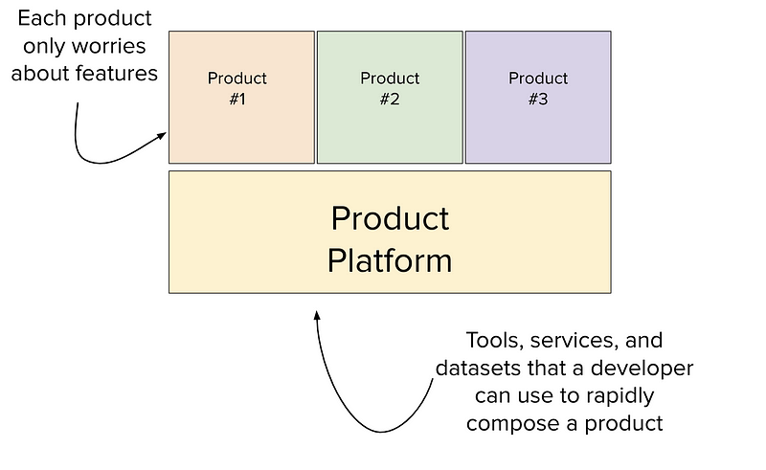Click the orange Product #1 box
click(x=241, y=98)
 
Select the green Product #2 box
click(x=390, y=98)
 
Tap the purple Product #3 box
click(x=538, y=98)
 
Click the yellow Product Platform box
click(x=390, y=232)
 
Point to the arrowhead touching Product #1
click(x=162, y=135)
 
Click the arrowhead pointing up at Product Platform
click(x=317, y=316)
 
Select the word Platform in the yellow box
click(x=390, y=261)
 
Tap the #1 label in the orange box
click(x=237, y=100)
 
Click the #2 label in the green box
click(x=390, y=100)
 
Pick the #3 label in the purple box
click(x=538, y=100)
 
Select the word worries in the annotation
click(x=108, y=46)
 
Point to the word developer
click(x=642, y=368)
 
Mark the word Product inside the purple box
click(x=538, y=78)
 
